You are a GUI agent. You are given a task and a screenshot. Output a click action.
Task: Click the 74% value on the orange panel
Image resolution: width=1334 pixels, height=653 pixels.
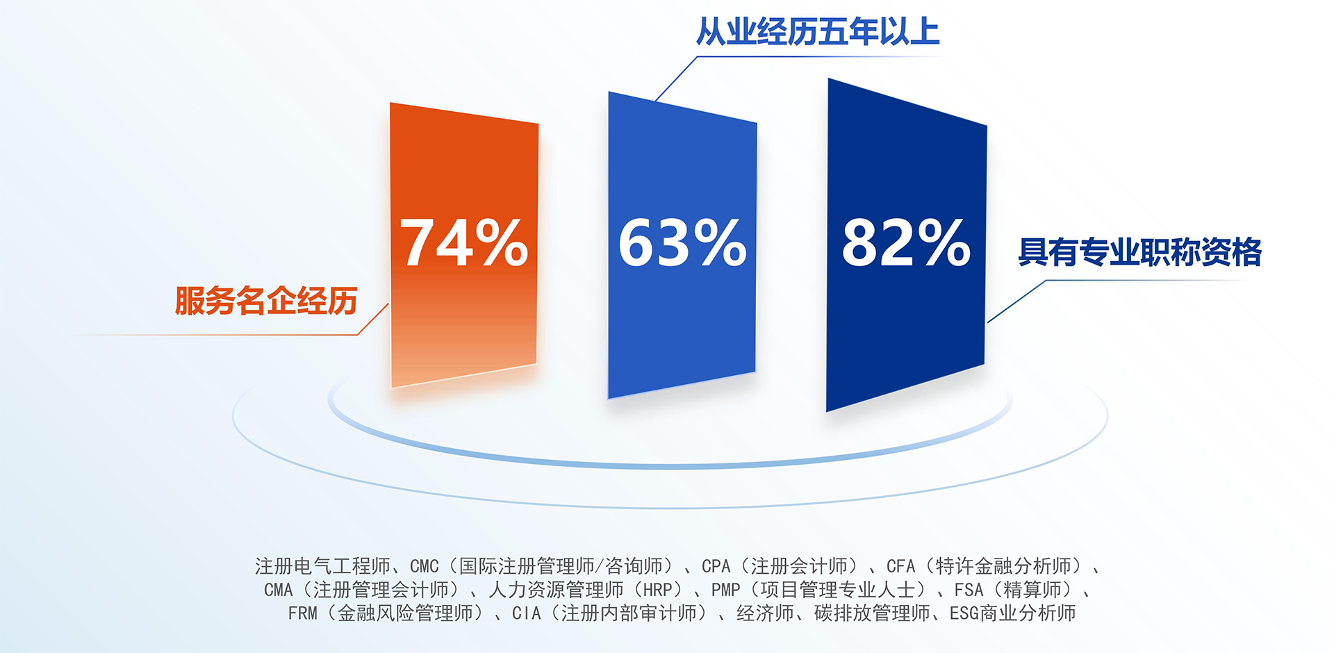[463, 242]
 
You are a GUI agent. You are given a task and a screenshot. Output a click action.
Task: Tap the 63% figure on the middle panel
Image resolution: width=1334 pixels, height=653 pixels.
[682, 242]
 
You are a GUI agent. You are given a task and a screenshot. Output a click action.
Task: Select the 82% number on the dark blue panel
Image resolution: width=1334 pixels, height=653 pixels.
[906, 242]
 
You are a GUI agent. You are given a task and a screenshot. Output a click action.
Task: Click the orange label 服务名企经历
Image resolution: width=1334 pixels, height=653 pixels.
[266, 301]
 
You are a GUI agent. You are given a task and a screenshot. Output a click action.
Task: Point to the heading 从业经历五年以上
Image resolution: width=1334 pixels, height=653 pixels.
[818, 32]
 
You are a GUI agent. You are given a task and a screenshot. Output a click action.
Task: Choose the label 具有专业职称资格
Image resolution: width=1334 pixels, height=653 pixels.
[1139, 251]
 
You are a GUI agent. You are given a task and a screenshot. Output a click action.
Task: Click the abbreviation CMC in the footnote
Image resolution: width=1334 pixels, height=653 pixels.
[424, 567]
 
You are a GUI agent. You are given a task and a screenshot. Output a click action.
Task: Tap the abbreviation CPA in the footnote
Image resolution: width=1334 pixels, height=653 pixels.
[716, 567]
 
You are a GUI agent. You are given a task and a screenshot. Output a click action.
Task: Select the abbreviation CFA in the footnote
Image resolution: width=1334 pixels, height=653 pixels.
[900, 567]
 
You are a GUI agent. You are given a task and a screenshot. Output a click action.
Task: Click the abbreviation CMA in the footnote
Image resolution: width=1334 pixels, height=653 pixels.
[278, 590]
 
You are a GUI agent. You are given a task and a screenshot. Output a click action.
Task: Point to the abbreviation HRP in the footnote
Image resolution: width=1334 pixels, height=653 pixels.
[657, 590]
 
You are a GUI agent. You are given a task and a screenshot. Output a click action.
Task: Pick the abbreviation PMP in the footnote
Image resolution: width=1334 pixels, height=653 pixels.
[725, 590]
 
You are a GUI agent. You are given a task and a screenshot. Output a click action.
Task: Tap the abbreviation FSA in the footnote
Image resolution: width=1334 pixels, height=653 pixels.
[969, 590]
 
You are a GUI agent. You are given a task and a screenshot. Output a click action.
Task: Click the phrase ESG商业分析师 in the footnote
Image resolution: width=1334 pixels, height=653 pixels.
[1012, 613]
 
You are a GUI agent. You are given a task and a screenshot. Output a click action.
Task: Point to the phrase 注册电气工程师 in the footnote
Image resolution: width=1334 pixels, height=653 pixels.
[322, 566]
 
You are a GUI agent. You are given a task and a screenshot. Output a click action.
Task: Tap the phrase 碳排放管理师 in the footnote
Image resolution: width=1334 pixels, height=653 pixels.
[872, 613]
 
